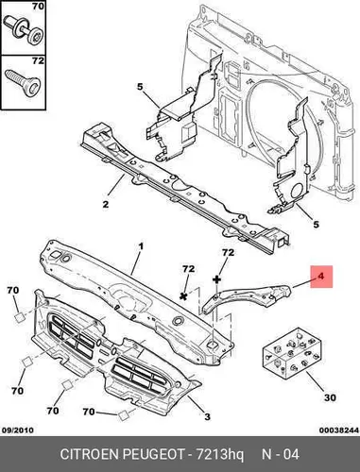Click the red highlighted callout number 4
click(321, 277)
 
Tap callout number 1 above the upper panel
click(141, 246)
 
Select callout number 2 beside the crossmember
click(106, 204)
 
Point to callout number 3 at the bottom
click(207, 417)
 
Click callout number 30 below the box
click(330, 397)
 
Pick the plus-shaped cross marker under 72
click(217, 278)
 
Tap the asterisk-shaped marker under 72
click(183, 295)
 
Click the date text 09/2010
click(18, 430)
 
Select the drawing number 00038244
click(339, 430)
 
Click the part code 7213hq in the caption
click(220, 454)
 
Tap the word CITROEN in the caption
click(89, 454)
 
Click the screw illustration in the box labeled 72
click(23, 83)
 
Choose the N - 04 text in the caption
click(281, 454)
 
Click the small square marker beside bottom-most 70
click(123, 415)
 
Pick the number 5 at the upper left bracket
click(140, 87)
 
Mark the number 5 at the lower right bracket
click(316, 224)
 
